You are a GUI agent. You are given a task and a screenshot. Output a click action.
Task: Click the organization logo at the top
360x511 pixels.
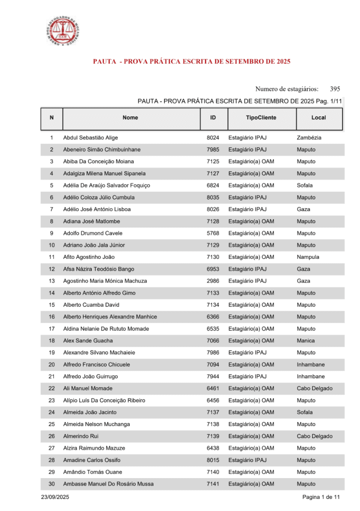click(x=62, y=31)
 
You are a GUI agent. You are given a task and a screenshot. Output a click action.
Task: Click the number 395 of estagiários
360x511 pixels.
click(x=335, y=89)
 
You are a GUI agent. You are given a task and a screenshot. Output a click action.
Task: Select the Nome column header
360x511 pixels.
click(x=130, y=118)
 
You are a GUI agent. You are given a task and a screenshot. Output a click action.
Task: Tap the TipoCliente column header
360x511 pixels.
click(x=261, y=118)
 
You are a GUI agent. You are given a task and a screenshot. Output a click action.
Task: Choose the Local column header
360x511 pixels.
click(x=319, y=118)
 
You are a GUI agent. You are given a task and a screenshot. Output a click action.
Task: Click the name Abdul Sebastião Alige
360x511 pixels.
click(x=91, y=138)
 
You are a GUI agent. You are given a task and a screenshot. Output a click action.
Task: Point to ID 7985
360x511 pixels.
click(x=213, y=150)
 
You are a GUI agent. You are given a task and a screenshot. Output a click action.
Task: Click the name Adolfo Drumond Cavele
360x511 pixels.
click(x=93, y=233)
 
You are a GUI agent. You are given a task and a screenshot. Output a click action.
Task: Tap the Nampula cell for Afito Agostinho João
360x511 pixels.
click(x=308, y=257)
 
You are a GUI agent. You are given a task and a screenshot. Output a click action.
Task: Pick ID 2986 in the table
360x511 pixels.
click(x=213, y=281)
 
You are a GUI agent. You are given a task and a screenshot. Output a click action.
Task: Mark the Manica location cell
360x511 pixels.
click(x=306, y=341)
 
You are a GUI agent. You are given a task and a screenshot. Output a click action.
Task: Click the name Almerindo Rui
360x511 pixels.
click(x=81, y=436)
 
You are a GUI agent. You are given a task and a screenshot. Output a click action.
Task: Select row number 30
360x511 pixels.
click(x=52, y=484)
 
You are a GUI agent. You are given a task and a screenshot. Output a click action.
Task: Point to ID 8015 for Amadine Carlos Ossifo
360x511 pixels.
click(x=213, y=460)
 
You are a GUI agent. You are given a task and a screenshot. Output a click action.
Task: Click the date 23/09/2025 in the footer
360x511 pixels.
click(x=55, y=498)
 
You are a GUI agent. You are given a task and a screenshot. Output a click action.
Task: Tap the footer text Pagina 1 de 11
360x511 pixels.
click(x=321, y=498)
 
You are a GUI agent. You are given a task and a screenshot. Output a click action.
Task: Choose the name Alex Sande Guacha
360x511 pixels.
click(x=88, y=341)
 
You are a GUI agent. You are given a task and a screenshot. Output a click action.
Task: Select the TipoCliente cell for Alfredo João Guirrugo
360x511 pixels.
click(x=247, y=377)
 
